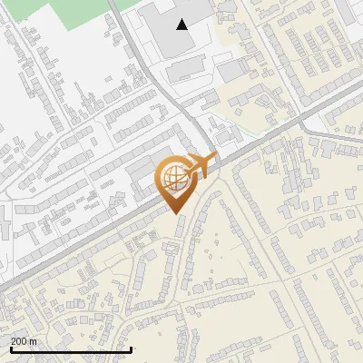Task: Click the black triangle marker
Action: pos(182,25)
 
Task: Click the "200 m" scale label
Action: pos(23,341)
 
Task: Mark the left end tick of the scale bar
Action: pos(10,348)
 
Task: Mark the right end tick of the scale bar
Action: pos(132,348)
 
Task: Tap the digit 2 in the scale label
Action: pos(13,341)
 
